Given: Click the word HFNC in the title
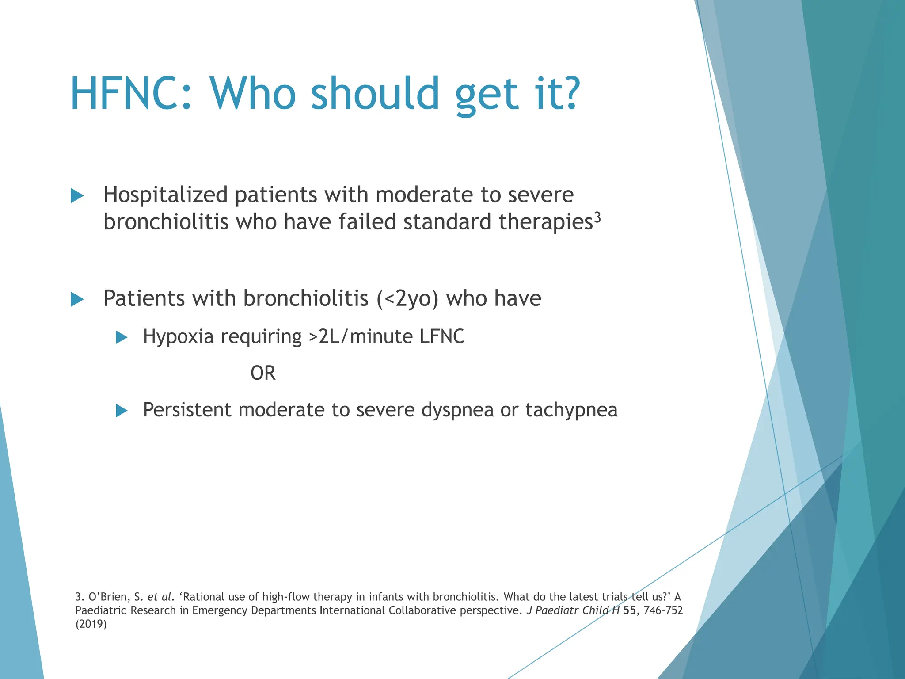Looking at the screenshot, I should click(x=126, y=94).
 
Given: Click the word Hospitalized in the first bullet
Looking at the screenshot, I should click(x=165, y=195).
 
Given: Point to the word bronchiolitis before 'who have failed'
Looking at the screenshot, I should click(x=166, y=222).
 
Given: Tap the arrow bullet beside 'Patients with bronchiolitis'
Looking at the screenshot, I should click(x=77, y=299).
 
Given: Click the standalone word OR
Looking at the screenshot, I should click(x=262, y=374).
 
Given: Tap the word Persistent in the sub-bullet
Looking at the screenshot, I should click(x=187, y=410).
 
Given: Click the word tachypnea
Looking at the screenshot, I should click(x=571, y=410).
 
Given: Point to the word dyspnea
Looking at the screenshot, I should click(x=457, y=410).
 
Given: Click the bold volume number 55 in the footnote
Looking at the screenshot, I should click(x=629, y=610).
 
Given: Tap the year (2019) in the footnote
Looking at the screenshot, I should click(x=91, y=624).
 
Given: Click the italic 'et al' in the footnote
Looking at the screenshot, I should click(x=159, y=597).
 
